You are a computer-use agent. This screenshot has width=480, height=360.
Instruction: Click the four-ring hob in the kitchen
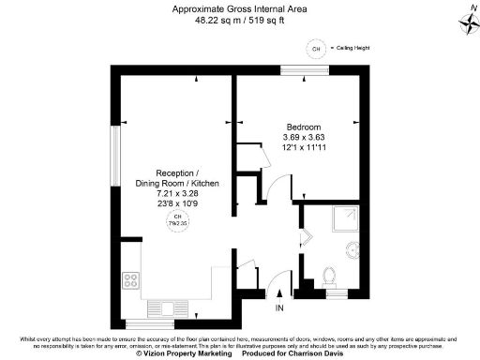[132, 278]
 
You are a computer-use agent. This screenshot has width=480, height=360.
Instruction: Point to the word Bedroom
[304, 127]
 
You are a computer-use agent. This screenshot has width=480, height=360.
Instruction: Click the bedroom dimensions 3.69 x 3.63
[304, 138]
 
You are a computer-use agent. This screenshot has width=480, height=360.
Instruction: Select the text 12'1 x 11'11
[304, 148]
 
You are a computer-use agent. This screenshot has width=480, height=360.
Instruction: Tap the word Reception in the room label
[176, 174]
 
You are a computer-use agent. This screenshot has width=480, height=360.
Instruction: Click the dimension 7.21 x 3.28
[177, 194]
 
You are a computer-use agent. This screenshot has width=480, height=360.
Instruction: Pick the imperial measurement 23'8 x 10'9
[177, 204]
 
